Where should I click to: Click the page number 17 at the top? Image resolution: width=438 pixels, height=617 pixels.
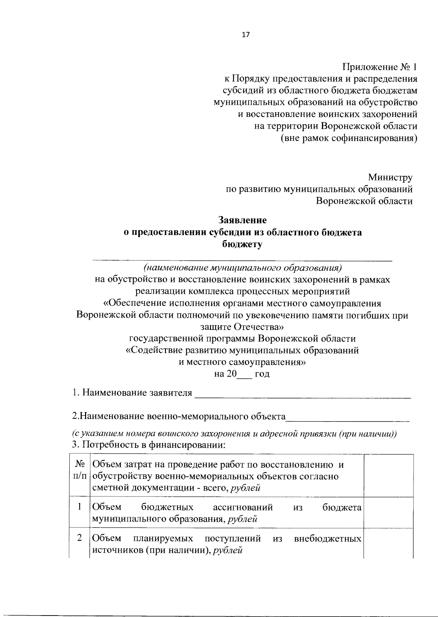(245, 35)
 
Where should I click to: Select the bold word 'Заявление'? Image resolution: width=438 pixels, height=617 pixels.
(242, 220)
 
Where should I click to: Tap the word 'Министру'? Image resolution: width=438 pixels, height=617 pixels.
(390, 178)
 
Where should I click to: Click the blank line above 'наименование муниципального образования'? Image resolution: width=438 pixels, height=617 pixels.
(242, 260)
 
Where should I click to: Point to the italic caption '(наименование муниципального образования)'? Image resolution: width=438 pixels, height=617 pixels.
(242, 268)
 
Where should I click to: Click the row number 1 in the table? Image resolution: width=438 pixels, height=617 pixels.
(80, 507)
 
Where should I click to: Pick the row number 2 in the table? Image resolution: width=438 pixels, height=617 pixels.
(80, 538)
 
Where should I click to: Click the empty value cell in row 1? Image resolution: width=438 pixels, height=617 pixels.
(388, 513)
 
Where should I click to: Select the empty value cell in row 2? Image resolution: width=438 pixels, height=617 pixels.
(388, 544)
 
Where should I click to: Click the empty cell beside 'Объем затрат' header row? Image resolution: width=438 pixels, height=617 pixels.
(388, 476)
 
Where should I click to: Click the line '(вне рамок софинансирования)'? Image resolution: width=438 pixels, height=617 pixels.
(349, 138)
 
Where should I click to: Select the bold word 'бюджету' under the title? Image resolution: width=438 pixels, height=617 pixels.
(242, 244)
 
